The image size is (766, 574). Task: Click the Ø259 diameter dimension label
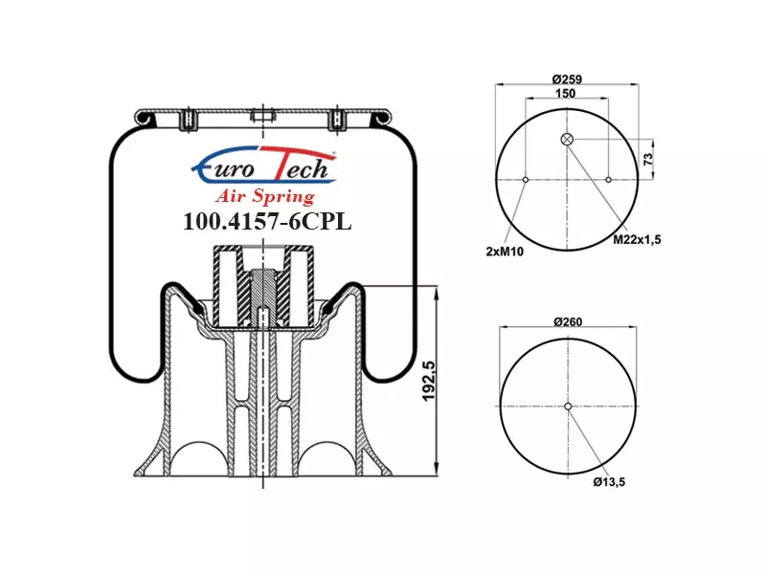coord(567,79)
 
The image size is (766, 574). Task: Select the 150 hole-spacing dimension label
coord(565,93)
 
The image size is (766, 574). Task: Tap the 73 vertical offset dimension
coord(648,159)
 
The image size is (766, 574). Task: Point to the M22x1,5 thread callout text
coord(637,240)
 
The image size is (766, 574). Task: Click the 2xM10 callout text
coord(505,252)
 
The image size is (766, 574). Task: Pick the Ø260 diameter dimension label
coord(568,321)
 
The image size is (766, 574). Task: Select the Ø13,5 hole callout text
coord(609,482)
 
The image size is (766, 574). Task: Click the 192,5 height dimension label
coord(428,381)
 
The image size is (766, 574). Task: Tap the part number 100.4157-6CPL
coord(267,222)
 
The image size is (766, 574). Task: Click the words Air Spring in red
coord(265,196)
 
